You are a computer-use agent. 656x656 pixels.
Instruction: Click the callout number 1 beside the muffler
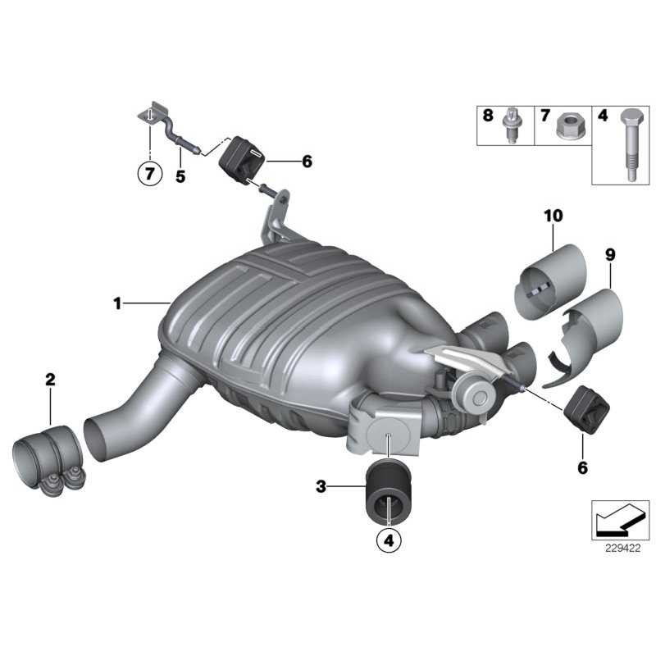pyautogui.click(x=117, y=304)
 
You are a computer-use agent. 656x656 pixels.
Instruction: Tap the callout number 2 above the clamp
pyautogui.click(x=50, y=379)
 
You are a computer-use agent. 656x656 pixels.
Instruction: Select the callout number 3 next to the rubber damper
pyautogui.click(x=321, y=487)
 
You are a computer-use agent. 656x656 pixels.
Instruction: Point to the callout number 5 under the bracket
pyautogui.click(x=180, y=175)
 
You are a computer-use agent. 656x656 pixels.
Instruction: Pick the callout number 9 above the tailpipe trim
pyautogui.click(x=609, y=256)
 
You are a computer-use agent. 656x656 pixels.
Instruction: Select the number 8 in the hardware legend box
pyautogui.click(x=488, y=116)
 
